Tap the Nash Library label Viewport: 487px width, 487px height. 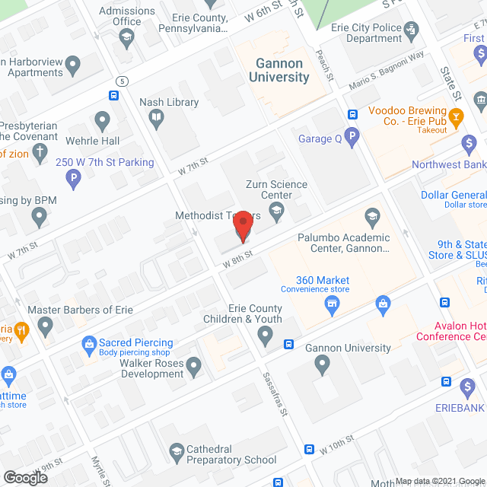169,103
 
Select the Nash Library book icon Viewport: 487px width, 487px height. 155,118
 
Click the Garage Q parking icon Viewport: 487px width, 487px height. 351,138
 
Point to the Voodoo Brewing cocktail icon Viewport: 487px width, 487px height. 456,116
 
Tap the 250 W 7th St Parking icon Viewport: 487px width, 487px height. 73,180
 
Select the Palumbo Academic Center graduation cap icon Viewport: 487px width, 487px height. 372,218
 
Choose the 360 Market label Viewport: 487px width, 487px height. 323,281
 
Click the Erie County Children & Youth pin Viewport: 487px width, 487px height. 265,333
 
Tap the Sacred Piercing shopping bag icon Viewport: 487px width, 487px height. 89,344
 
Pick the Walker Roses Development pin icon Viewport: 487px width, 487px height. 193,368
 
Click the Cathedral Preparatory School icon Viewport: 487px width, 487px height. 177,451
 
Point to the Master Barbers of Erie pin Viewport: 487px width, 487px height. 46,327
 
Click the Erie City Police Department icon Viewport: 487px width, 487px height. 412,30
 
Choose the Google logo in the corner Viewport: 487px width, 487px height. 25,477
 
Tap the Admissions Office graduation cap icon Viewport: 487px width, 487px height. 127,37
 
